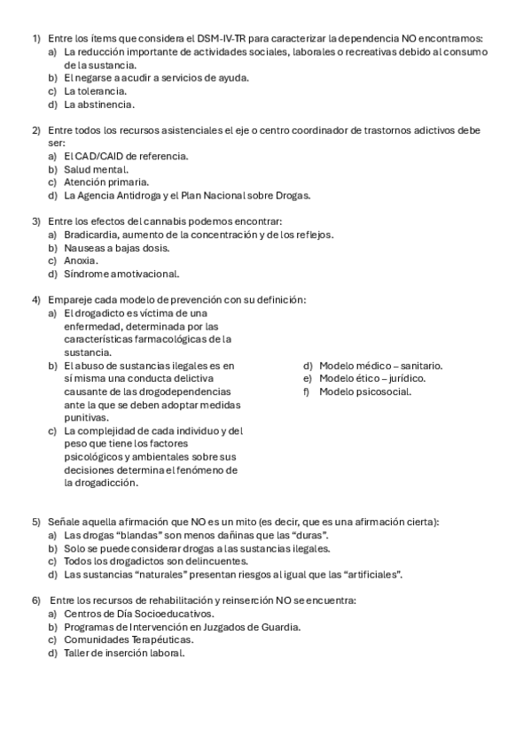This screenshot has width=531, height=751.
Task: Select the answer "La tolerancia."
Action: [x=95, y=90]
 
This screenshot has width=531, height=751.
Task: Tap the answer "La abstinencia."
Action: [x=99, y=104]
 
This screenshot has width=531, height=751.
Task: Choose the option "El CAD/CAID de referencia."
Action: [x=126, y=156]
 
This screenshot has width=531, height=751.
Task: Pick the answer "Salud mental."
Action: [x=96, y=169]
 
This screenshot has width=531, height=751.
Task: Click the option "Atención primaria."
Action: [x=106, y=182]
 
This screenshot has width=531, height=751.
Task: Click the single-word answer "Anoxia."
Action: [x=81, y=260]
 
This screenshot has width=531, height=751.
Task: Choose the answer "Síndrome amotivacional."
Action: [x=121, y=274]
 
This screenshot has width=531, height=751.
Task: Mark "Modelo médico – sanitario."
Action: [x=380, y=366]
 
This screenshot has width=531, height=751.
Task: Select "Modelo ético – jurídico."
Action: [x=372, y=378]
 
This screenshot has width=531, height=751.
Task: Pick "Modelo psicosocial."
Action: [x=365, y=391]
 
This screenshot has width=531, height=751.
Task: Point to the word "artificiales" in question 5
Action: [x=371, y=575]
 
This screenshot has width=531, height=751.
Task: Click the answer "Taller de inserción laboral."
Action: [x=124, y=653]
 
